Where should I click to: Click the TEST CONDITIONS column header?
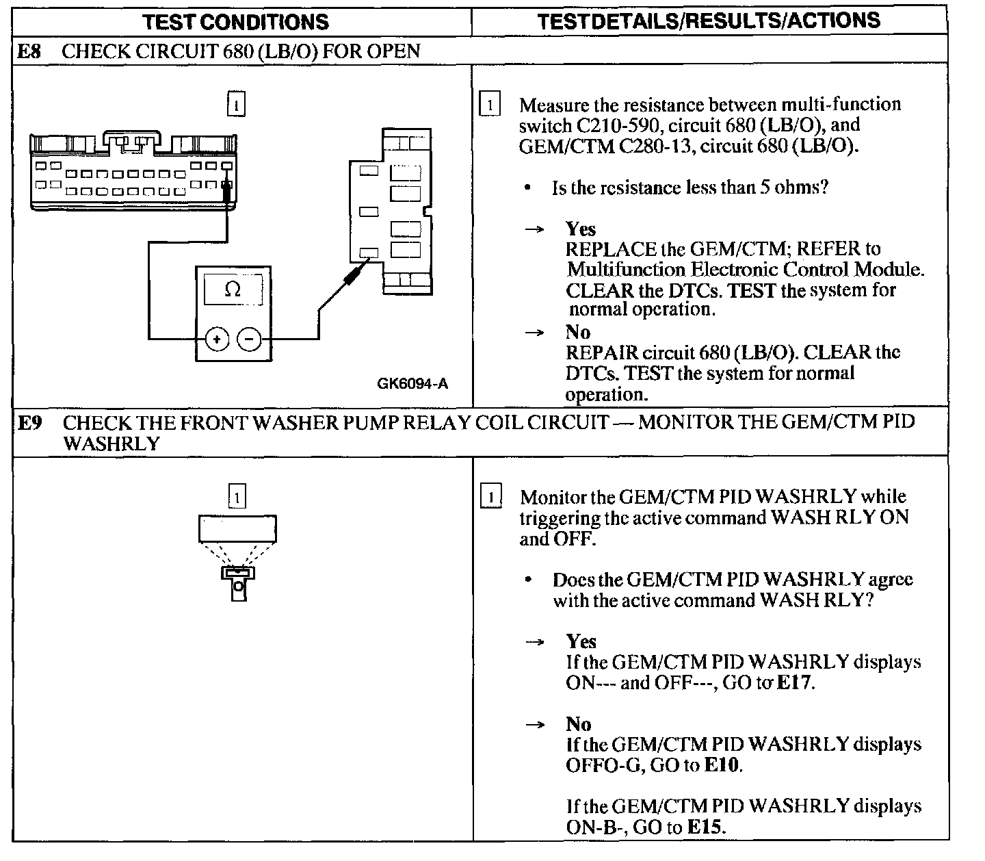pyautogui.click(x=236, y=21)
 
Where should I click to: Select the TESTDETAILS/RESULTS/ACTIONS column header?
pyautogui.click(x=709, y=21)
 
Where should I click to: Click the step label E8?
pyautogui.click(x=31, y=51)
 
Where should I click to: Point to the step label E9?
pyautogui.click(x=31, y=423)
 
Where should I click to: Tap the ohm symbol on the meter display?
pyautogui.click(x=233, y=290)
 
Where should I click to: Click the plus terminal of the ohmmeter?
pyautogui.click(x=218, y=339)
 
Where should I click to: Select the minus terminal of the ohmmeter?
pyautogui.click(x=249, y=339)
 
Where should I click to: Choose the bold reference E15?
pyautogui.click(x=705, y=827)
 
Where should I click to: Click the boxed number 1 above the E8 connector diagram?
pyautogui.click(x=235, y=105)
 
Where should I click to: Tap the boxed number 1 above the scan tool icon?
pyautogui.click(x=235, y=497)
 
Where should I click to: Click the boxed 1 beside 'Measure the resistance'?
pyautogui.click(x=490, y=105)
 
